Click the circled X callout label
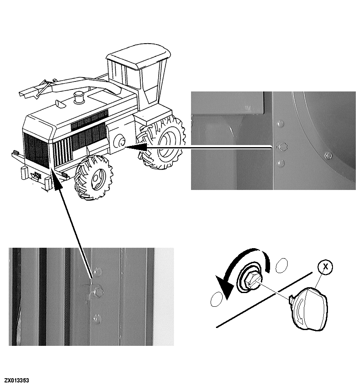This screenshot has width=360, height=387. tap(325, 267)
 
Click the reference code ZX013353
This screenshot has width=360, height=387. tap(17, 380)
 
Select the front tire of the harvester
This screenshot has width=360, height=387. tap(94, 177)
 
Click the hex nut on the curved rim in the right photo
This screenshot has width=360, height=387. tap(328, 156)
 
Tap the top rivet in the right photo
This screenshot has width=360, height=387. tap(280, 123)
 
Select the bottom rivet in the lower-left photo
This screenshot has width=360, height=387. tap(97, 319)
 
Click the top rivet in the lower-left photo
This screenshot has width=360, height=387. tap(97, 271)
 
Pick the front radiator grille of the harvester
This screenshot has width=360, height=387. tap(37, 150)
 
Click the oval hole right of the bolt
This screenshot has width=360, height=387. tap(281, 266)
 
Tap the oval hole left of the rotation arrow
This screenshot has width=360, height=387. tap(216, 299)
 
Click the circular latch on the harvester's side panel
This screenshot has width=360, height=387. tap(119, 142)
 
